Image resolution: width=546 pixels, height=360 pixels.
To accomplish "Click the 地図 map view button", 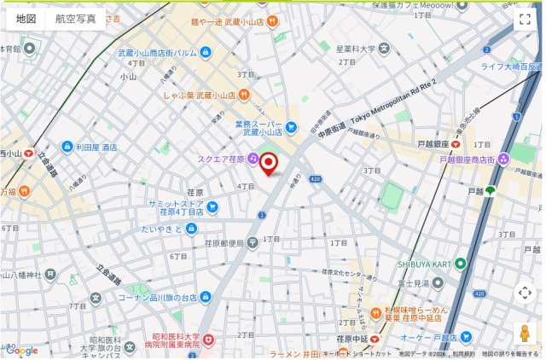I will (x=26, y=19).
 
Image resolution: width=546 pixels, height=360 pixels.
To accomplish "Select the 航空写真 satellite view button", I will (x=76, y=19).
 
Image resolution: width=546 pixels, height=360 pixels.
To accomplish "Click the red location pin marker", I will (x=269, y=162).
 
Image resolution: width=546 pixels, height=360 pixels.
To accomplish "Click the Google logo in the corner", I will (x=21, y=351).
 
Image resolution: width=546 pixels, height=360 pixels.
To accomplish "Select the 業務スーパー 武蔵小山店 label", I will (x=258, y=128).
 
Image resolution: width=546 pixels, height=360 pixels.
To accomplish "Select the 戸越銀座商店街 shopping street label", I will (x=468, y=159).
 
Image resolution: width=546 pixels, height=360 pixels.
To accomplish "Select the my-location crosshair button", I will (x=525, y=293).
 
